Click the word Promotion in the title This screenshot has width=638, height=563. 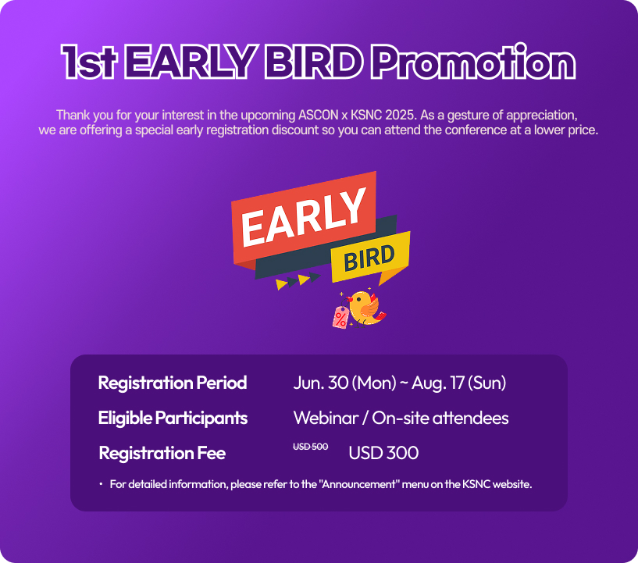473,62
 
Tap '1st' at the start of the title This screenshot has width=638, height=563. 89,62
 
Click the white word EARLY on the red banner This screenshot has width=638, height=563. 303,218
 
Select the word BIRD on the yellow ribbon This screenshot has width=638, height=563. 369,258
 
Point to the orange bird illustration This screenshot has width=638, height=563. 365,308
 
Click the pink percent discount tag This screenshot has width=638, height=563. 341,318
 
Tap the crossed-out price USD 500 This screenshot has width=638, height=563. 311,447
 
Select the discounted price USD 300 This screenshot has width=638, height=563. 383,453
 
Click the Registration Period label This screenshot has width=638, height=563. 173,383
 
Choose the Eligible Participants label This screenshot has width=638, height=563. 173,419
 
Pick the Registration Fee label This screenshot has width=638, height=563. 162,453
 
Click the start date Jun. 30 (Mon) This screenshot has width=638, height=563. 344,383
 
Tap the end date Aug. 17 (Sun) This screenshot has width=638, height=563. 459,383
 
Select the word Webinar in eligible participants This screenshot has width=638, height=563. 326,418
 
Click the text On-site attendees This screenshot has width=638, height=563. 440,418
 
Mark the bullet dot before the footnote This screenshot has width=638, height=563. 101,484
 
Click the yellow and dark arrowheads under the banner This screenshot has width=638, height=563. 298,280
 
